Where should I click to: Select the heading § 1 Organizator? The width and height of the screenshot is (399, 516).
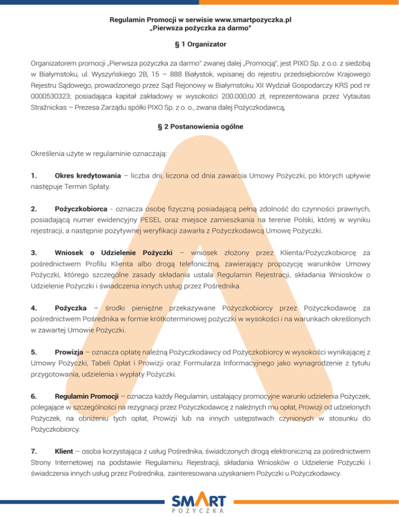pyautogui.click(x=199, y=45)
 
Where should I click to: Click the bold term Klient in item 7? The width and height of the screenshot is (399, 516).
pyautogui.click(x=63, y=452)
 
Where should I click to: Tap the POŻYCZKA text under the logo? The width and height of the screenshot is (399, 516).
pyautogui.click(x=199, y=511)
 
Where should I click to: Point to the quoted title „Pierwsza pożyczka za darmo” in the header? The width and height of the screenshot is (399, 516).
pyautogui.click(x=200, y=28)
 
